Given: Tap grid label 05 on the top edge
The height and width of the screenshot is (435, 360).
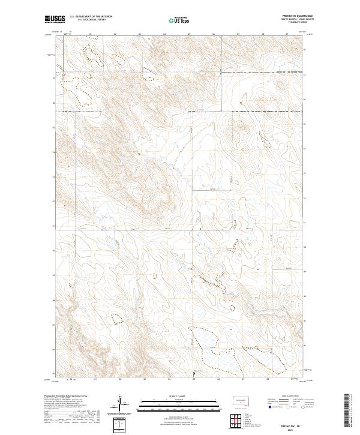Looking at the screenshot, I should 189,34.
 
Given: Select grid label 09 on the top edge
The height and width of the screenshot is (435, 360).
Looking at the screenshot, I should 287,34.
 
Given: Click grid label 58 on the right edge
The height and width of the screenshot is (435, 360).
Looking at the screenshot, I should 305,50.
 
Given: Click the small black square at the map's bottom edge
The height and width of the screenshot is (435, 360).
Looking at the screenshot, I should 193,374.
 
